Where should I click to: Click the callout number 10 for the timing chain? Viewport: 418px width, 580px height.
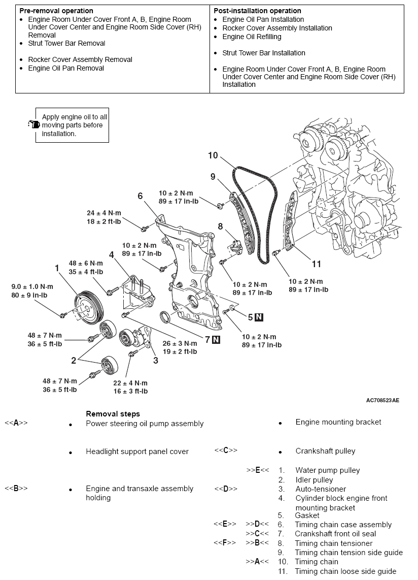tap(213, 155)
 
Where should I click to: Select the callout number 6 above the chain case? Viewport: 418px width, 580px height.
tap(140, 196)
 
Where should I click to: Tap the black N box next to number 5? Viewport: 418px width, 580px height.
tap(259, 317)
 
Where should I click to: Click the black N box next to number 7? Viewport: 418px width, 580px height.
tap(216, 339)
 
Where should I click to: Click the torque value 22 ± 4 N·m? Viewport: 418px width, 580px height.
tap(130, 382)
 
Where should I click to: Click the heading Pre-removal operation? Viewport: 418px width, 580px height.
tap(56, 11)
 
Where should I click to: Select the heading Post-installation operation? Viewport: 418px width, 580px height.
tap(257, 11)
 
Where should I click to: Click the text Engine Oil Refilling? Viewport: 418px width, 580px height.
tap(252, 37)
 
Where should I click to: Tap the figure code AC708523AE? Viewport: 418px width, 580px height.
tap(382, 400)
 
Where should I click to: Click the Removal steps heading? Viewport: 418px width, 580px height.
tap(113, 414)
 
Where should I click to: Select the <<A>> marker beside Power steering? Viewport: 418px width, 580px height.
tap(16, 423)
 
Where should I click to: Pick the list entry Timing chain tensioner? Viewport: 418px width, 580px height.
tap(334, 543)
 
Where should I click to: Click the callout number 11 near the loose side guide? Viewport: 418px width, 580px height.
tap(316, 264)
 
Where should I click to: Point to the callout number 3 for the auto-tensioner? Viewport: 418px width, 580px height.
tap(155, 360)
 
